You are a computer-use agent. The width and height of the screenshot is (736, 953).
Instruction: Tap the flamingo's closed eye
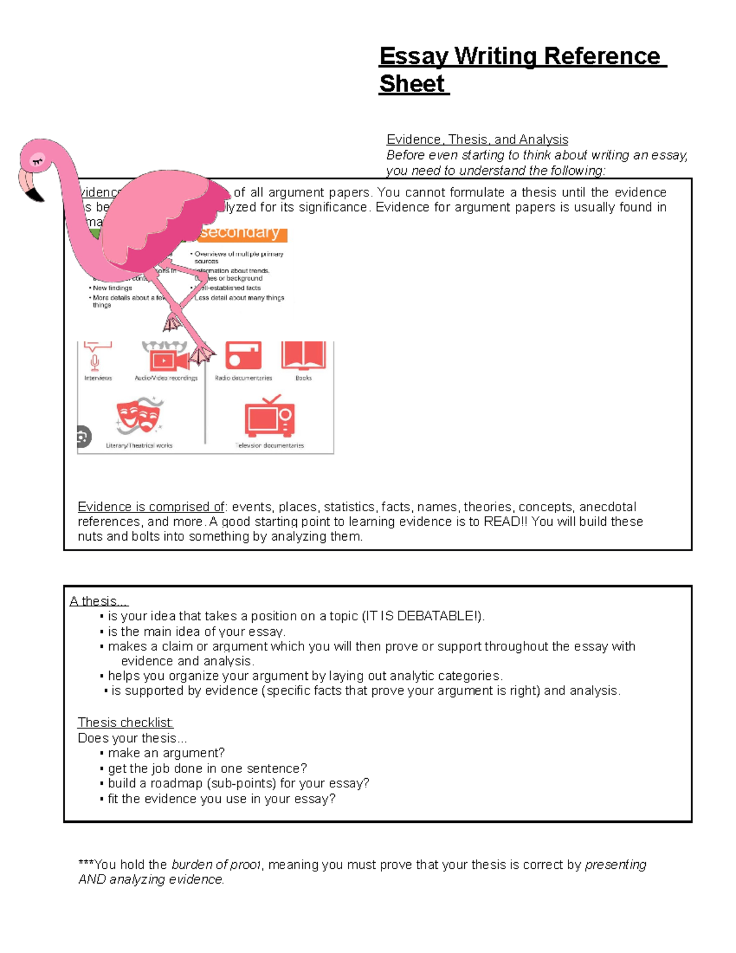coord(37,161)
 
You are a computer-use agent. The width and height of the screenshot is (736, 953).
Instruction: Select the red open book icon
coord(304,355)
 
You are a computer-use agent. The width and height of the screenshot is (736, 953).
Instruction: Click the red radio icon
coord(243,355)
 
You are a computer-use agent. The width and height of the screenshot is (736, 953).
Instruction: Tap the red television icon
coord(269,417)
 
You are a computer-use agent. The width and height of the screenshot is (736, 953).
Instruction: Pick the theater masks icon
coord(139,415)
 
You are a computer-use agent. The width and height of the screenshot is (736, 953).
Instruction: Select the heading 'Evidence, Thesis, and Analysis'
coord(477,139)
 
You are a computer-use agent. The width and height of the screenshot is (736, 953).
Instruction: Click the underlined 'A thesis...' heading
coord(98,601)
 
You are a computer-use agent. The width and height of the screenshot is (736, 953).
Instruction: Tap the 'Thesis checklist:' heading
coord(126,722)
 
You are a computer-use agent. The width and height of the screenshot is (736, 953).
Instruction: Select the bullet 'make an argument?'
coord(166,753)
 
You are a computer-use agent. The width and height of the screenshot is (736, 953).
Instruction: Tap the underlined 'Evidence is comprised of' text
coord(151,507)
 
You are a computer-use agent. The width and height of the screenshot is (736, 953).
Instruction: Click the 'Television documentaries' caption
coord(270,446)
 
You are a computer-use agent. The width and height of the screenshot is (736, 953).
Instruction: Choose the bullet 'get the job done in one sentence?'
coord(207,768)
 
